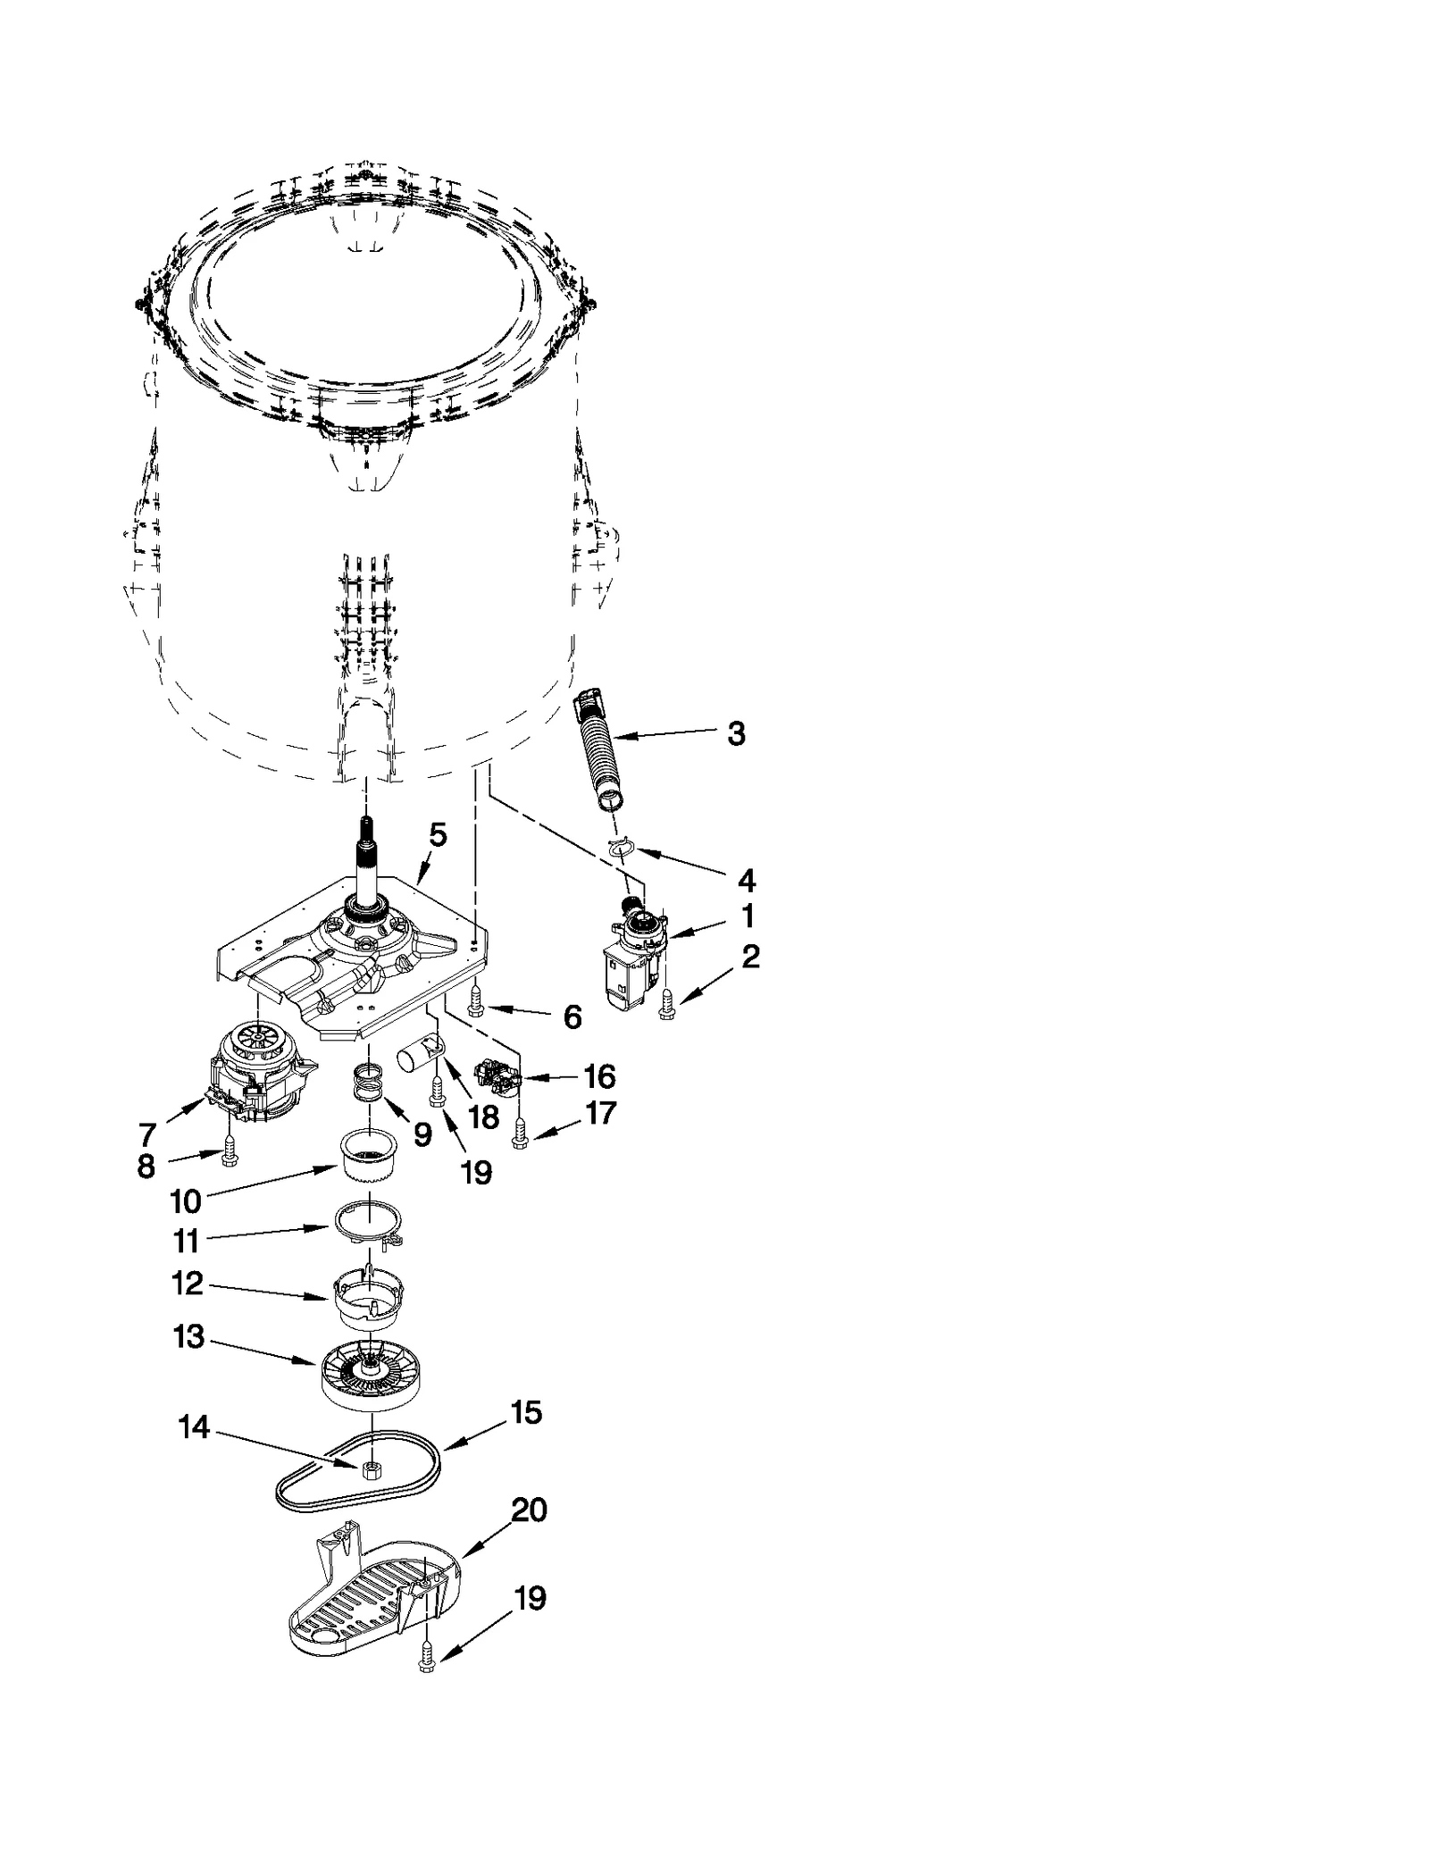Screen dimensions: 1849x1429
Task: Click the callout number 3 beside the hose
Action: (x=735, y=733)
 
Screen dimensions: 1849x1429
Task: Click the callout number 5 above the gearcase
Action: (x=438, y=835)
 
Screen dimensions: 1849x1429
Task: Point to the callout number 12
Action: (x=188, y=1284)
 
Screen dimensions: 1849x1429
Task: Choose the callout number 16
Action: (x=600, y=1076)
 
